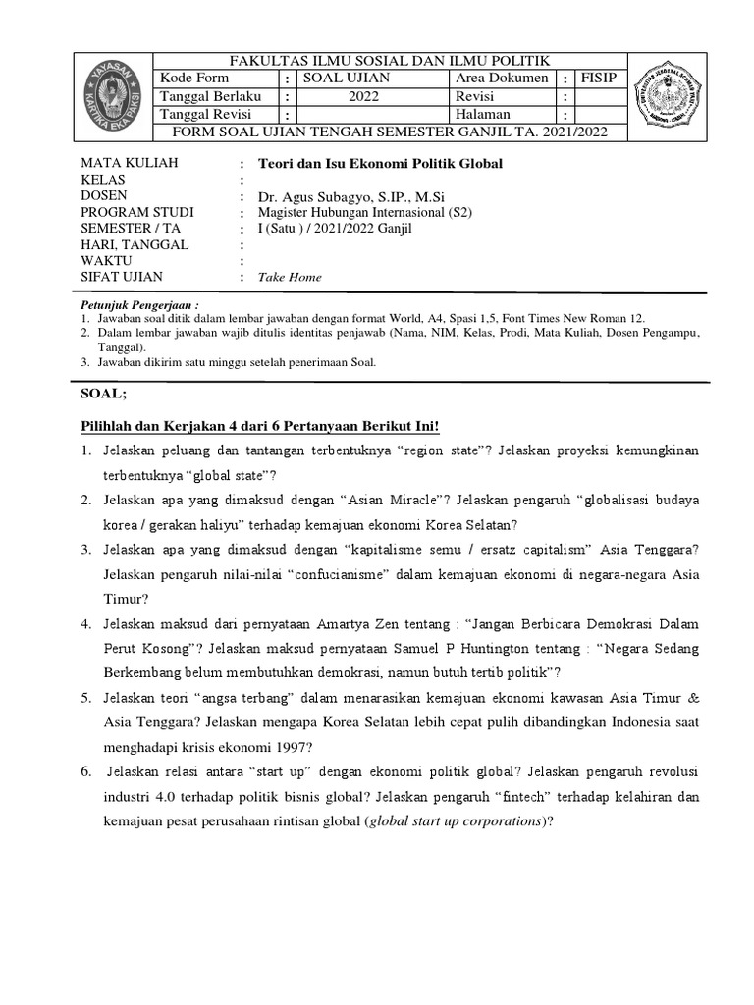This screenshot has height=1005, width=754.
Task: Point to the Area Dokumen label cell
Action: pos(501,79)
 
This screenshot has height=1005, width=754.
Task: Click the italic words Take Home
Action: pos(290,278)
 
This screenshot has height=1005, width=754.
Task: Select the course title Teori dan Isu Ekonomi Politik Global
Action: pos(379,164)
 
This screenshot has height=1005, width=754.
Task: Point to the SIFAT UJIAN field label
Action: pos(124,278)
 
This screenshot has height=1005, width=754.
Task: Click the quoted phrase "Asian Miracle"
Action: pos(388,500)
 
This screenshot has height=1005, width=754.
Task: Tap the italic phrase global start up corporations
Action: pos(457,821)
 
